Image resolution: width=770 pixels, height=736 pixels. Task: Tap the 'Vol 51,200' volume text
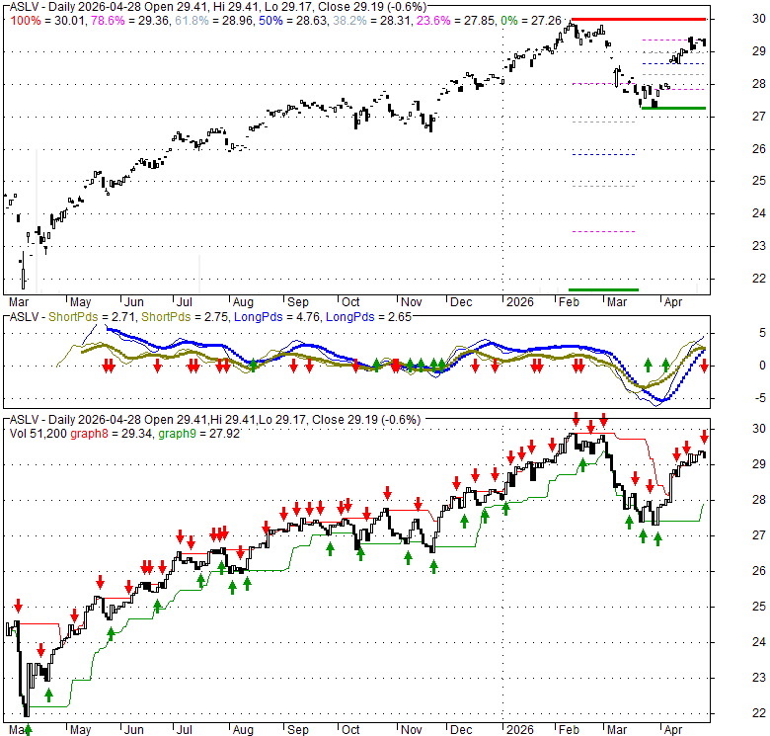[x=32, y=432]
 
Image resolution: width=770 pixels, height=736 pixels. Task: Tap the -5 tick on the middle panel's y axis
[x=732, y=397]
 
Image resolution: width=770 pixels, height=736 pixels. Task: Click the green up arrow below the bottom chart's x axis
[x=28, y=730]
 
